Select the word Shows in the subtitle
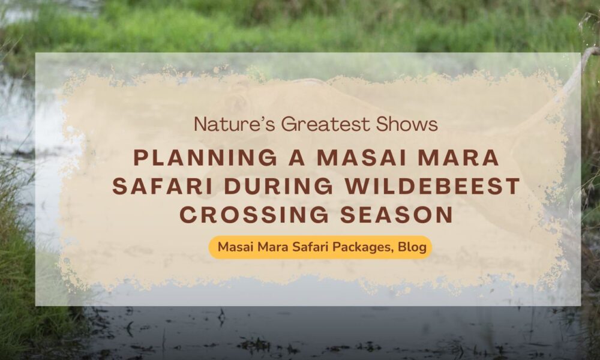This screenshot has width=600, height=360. (x=407, y=124)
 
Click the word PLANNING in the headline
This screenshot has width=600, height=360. (x=205, y=158)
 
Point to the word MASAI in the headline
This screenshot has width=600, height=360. (x=362, y=158)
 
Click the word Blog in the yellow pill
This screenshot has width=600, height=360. (x=412, y=247)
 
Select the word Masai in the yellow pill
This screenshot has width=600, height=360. (x=236, y=247)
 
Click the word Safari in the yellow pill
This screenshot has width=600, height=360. (x=310, y=247)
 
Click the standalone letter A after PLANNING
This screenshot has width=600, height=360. (x=298, y=158)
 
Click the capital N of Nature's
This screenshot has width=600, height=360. (x=200, y=124)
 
